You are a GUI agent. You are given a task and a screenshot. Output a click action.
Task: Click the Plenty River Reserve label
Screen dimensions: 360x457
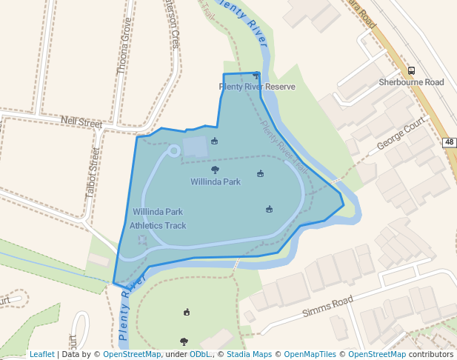(x=257, y=87)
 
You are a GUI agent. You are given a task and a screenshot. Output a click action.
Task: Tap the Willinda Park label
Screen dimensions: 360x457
(x=216, y=181)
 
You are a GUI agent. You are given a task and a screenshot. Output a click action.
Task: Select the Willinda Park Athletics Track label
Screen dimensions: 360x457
(x=158, y=219)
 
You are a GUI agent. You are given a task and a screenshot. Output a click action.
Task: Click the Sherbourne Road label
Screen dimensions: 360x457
(x=411, y=82)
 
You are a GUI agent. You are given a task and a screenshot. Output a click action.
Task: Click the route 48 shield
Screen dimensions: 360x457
(x=450, y=141)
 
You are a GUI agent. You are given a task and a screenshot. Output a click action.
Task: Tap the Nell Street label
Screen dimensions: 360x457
(x=81, y=121)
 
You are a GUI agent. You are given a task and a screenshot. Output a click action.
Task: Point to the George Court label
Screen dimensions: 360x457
(x=401, y=132)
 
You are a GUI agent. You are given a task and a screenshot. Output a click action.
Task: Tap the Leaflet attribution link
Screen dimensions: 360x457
(x=42, y=354)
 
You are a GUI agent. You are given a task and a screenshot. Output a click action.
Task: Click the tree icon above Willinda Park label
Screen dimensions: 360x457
(x=216, y=170)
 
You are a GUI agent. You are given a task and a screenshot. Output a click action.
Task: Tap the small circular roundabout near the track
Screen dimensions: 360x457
(x=174, y=151)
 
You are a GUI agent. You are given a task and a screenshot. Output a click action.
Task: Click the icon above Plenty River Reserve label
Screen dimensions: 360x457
(x=256, y=75)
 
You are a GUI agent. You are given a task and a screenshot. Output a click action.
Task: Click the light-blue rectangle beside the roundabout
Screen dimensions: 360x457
(x=196, y=147)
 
